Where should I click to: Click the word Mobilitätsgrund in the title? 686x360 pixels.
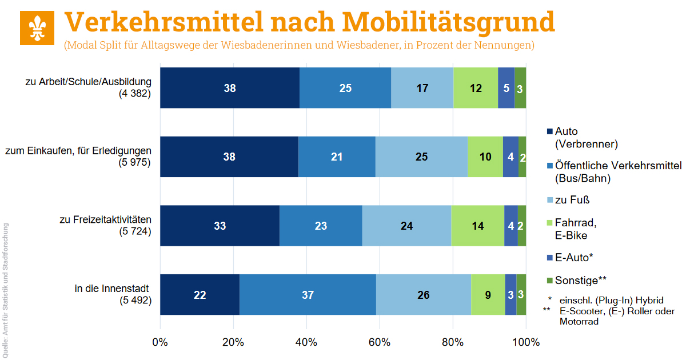(x=449, y=22)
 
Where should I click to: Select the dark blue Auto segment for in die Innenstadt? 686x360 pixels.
(x=200, y=295)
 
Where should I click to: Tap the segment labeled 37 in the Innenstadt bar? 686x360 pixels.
(x=308, y=295)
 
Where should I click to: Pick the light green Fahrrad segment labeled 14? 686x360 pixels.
(x=477, y=226)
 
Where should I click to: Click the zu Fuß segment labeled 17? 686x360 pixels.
(x=422, y=88)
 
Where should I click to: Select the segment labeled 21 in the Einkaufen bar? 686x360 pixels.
(x=337, y=157)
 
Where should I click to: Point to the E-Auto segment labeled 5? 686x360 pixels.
(x=506, y=88)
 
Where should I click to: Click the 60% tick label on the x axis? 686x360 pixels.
(x=380, y=342)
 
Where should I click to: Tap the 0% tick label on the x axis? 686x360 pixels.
(x=160, y=342)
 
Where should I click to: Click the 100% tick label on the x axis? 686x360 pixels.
(x=525, y=342)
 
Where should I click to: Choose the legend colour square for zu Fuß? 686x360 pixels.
(x=550, y=201)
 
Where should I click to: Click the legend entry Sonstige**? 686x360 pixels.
(x=580, y=280)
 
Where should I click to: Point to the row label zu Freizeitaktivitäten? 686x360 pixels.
(x=106, y=219)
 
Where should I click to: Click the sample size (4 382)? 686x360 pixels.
(x=135, y=94)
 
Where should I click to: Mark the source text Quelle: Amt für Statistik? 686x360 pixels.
(x=5, y=286)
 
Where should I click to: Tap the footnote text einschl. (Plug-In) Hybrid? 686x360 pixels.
(x=612, y=300)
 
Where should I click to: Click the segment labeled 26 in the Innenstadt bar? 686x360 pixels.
(x=424, y=295)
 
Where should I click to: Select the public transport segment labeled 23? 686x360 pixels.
(x=321, y=226)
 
